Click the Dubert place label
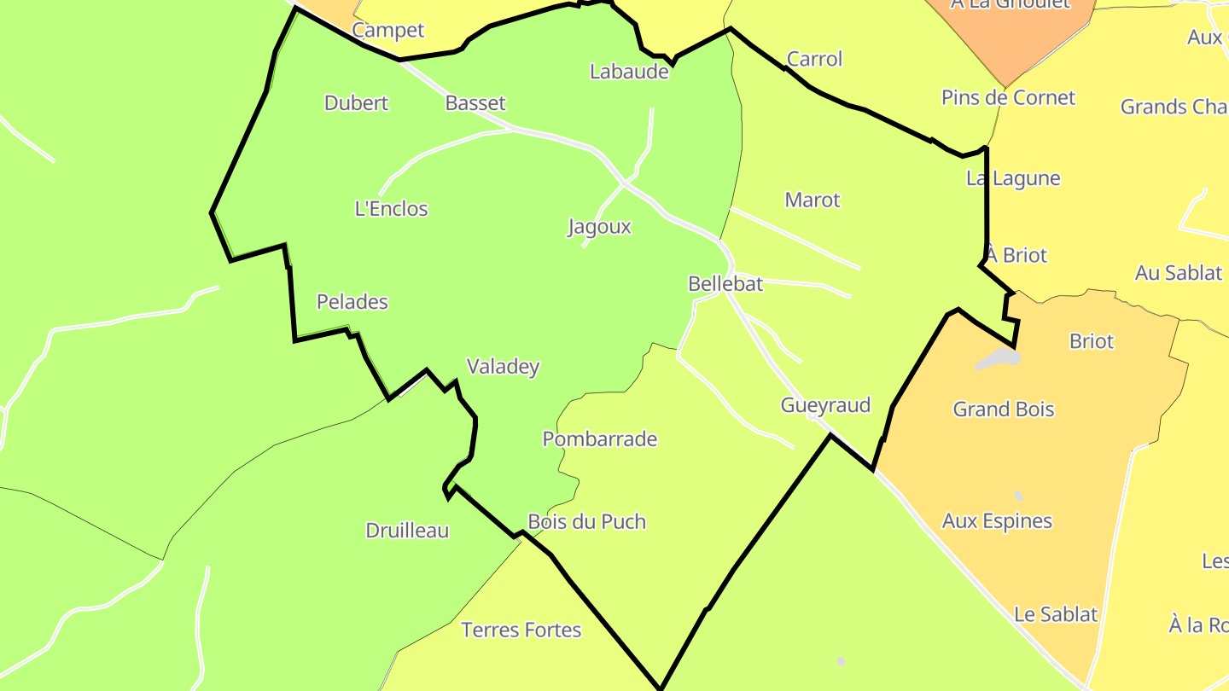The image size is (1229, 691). click(356, 103)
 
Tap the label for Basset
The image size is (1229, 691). click(475, 103)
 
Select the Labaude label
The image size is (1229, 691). click(629, 72)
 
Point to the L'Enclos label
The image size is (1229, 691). click(391, 209)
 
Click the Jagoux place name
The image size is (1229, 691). click(599, 227)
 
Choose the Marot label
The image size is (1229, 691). click(813, 200)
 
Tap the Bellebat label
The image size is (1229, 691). click(725, 284)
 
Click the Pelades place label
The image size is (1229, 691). click(352, 302)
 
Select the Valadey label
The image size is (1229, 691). click(503, 367)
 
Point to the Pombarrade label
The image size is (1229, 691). click(600, 439)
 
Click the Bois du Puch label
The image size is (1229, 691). click(586, 522)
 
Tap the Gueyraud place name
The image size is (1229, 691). click(825, 405)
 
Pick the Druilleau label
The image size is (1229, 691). click(407, 531)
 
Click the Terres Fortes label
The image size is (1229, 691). click(521, 630)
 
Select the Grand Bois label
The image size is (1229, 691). click(1004, 409)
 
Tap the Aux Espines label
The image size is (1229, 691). click(997, 521)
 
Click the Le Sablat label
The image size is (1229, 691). click(1056, 614)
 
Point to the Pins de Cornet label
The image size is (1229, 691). click(1008, 97)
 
